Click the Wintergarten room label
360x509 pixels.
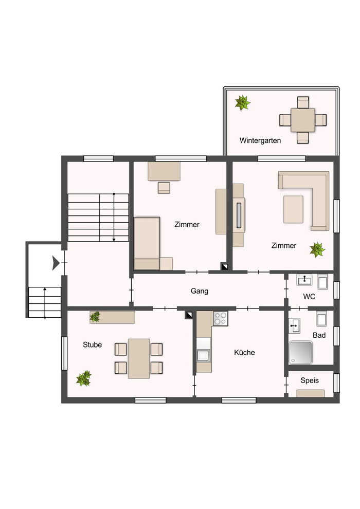[x=260, y=140]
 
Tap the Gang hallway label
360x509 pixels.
[x=200, y=291]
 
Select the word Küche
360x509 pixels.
[x=244, y=352]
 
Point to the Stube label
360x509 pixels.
[x=92, y=344]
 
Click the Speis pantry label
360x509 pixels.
[x=310, y=380]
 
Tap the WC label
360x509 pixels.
[x=309, y=296]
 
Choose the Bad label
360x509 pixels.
[x=319, y=335]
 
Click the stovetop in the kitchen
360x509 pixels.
[x=221, y=318]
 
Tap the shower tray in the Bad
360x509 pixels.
[x=300, y=352]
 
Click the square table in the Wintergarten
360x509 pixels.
[x=303, y=120]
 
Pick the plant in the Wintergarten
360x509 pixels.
[x=243, y=103]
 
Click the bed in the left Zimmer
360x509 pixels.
[x=147, y=244]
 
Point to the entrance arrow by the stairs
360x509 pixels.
[x=56, y=263]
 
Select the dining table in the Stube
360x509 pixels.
[x=139, y=358]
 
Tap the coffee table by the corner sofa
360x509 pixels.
[x=293, y=209]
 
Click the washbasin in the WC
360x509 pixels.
[x=304, y=280]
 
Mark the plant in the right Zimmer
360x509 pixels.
[x=317, y=250]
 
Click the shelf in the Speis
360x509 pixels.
[x=310, y=393]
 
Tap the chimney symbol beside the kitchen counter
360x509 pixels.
[x=189, y=315]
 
